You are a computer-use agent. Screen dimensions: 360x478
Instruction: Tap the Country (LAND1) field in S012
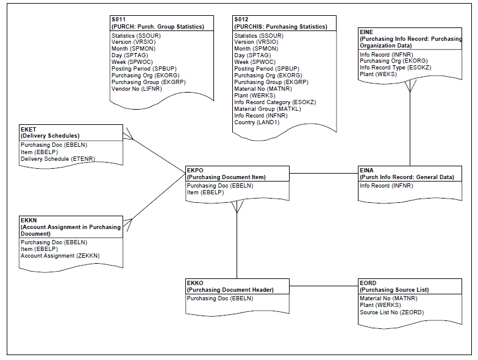coord(255,122)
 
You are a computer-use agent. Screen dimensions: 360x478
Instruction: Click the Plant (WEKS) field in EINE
coord(378,74)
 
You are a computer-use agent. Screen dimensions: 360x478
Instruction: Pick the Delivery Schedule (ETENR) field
coord(58,159)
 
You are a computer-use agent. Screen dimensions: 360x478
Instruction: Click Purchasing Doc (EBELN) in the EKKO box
coord(220,298)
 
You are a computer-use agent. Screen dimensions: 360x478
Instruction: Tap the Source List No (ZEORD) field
coord(391,312)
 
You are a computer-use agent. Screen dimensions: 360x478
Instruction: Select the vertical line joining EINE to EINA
coord(410,128)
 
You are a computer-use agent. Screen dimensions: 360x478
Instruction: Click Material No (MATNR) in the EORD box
coord(388,298)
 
